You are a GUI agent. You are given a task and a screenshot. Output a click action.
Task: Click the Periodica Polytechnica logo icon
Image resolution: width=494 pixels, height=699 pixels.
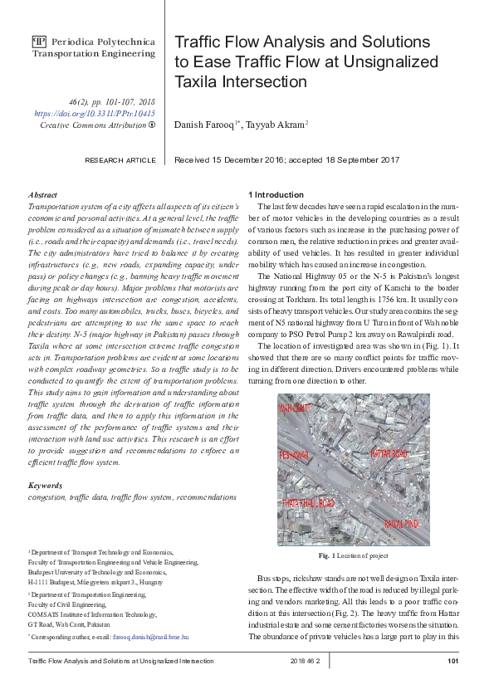pos(38,41)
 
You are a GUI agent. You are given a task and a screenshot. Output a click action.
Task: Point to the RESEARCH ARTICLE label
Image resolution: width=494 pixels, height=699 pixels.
pos(120,160)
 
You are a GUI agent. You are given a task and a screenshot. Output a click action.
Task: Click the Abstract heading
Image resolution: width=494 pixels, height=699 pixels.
pos(42,193)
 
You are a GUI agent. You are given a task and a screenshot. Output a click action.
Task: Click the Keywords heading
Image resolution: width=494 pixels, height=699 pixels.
pos(46,485)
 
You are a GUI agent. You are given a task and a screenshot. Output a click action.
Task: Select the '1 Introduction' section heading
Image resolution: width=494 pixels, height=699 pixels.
pos(276,194)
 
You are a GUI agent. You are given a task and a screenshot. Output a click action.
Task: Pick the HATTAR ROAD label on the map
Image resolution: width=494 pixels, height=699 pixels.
pos(390,454)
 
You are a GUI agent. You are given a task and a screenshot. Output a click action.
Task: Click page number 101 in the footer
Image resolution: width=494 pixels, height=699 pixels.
pos(452,661)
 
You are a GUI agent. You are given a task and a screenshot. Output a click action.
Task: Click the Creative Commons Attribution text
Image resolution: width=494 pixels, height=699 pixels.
pos(93,125)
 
